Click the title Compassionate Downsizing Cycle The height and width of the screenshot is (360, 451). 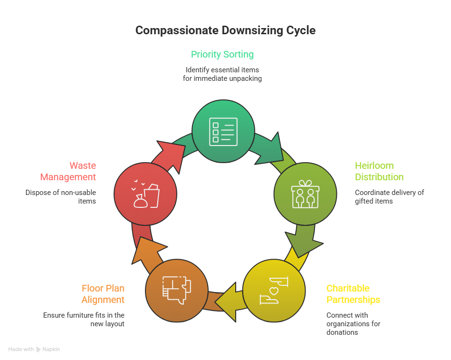225,30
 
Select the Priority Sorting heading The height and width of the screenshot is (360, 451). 222,54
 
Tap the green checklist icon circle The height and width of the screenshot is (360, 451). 223,131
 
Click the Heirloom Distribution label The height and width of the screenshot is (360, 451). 379,171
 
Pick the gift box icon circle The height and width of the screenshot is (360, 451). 305,194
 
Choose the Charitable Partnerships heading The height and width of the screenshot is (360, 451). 353,294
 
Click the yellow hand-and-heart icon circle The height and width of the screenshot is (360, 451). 274,290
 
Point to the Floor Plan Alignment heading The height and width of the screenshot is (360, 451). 103,294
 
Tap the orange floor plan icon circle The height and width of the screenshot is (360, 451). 176,290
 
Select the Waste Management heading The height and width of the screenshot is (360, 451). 68,171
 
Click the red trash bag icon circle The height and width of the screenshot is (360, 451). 145,194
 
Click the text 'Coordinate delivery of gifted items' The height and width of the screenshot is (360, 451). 389,197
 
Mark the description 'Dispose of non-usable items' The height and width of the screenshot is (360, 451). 61,197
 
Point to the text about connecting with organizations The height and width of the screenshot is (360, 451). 353,323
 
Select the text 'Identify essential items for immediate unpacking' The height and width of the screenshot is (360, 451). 222,74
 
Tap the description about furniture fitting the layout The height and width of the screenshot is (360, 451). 84,319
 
